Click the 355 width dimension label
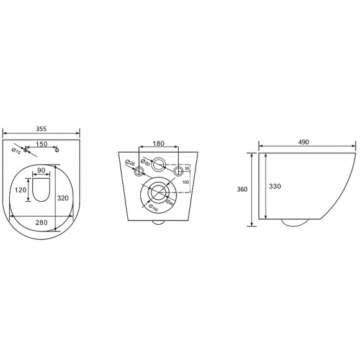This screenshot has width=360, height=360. tap(42, 128)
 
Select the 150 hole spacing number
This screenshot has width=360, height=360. tap(42, 144)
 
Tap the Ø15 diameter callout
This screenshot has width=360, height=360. tap(16, 151)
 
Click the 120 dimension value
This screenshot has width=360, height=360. tap(20, 191)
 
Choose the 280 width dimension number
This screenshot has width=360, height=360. tap(42, 221)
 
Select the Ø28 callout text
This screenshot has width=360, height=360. tap(128, 164)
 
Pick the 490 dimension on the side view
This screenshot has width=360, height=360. tap(304, 142)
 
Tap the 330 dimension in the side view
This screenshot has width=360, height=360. tap(276, 186)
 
